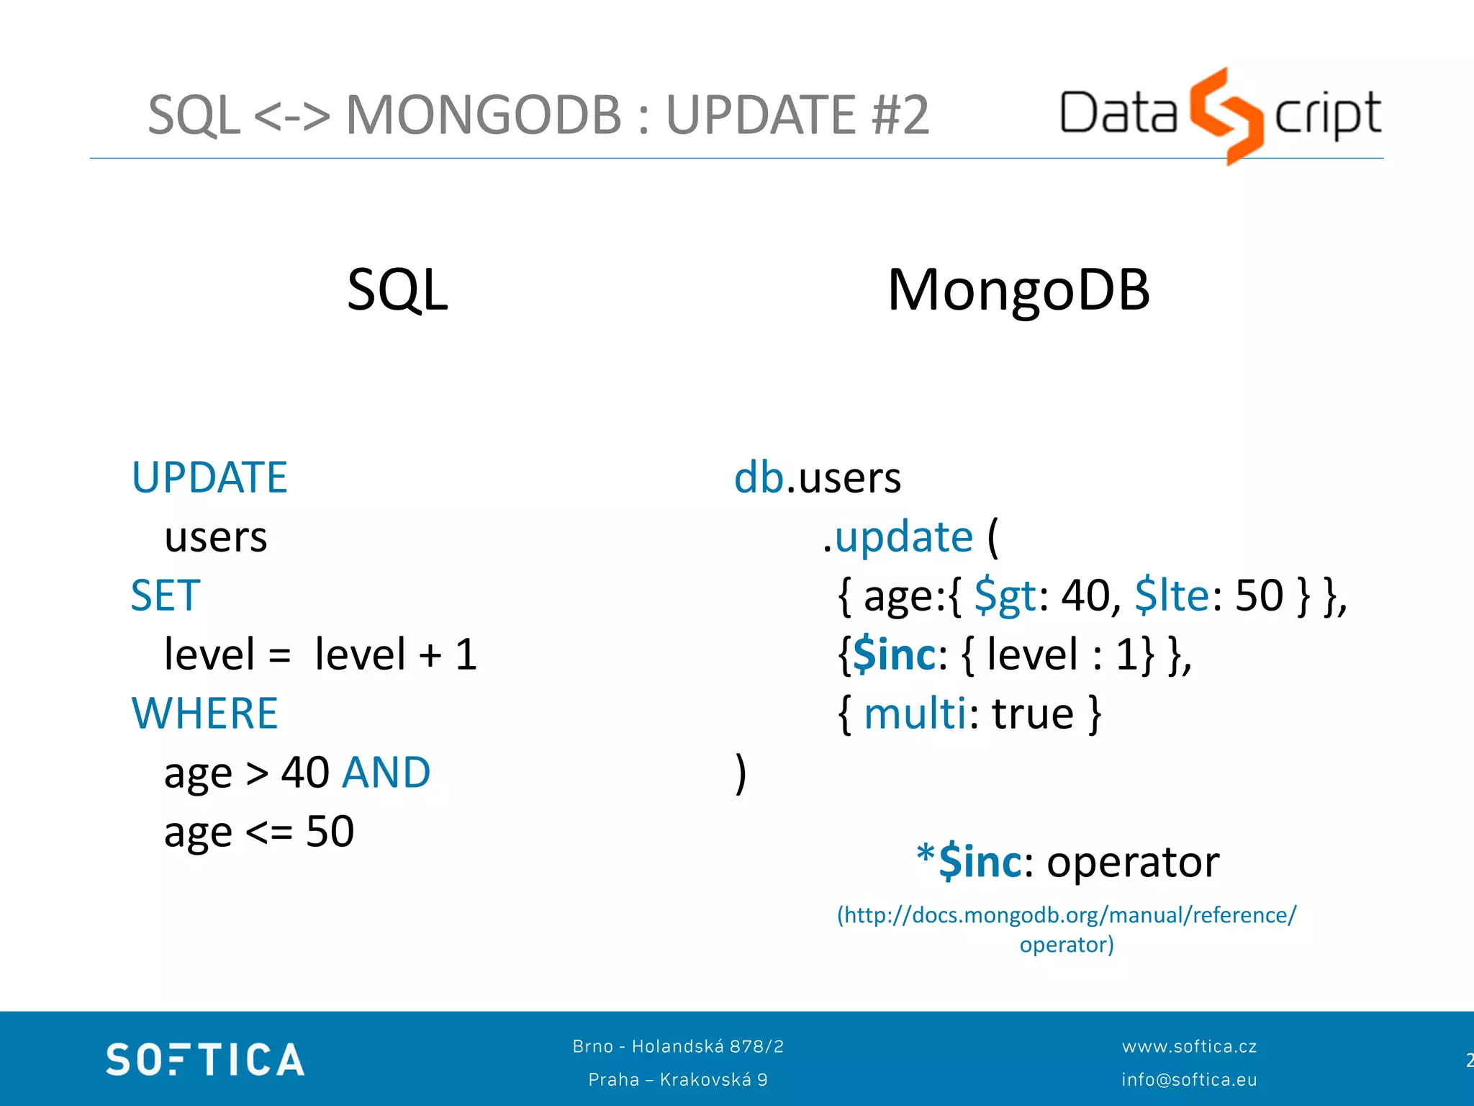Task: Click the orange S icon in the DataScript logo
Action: (1226, 115)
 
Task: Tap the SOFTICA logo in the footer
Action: (205, 1059)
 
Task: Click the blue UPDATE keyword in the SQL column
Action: (209, 477)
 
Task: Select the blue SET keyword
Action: (166, 595)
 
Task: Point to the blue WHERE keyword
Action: (205, 714)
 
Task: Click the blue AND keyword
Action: (386, 773)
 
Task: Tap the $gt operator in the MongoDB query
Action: (1005, 596)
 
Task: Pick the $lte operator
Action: (1172, 596)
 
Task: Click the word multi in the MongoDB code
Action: (915, 714)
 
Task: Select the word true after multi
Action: (1033, 714)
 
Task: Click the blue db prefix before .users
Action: (759, 477)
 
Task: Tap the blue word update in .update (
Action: (904, 537)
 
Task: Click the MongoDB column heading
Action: (1018, 290)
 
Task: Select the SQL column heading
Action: (397, 290)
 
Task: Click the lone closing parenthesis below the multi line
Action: (741, 774)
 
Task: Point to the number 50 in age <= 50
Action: (330, 832)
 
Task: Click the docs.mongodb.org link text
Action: (1066, 915)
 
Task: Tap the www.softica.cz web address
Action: (1189, 1046)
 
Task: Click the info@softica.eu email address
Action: (1189, 1079)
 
